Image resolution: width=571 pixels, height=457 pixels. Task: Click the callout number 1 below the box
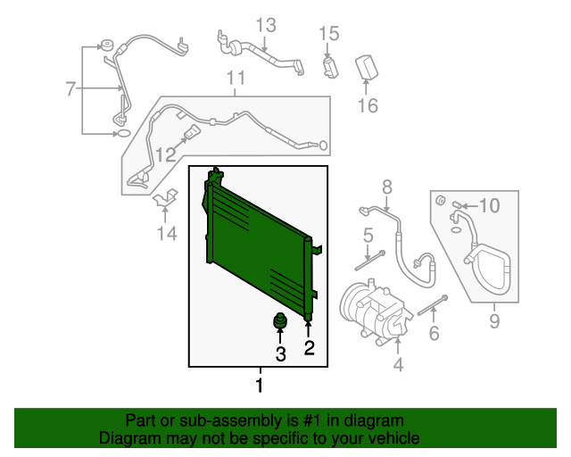[260, 386]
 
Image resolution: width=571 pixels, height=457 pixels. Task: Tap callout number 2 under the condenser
[309, 348]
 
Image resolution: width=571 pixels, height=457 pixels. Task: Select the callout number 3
[280, 354]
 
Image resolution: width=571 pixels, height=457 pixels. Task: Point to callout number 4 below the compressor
[398, 363]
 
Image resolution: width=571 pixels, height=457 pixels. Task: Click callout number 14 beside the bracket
[167, 234]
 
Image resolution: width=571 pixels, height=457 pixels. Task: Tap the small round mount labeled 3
[280, 322]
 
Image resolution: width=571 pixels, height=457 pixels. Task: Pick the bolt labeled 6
[432, 305]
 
